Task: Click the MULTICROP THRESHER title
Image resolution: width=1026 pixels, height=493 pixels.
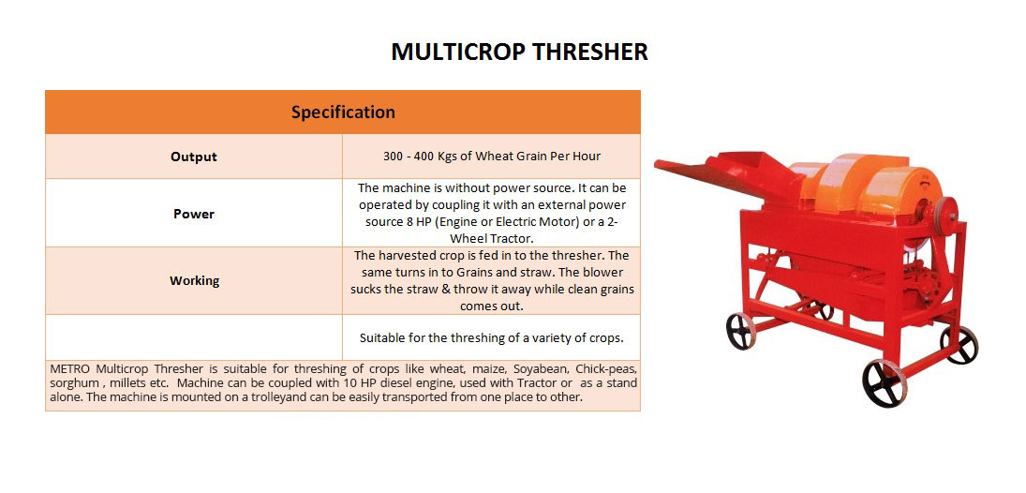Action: point(519,52)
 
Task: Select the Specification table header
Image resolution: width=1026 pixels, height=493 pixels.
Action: point(343,112)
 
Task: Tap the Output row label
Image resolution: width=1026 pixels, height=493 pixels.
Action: point(194,157)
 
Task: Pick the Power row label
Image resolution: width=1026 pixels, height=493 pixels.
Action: point(194,214)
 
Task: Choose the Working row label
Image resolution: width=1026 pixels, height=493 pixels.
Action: point(194,281)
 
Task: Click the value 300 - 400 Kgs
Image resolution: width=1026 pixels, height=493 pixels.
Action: point(418,157)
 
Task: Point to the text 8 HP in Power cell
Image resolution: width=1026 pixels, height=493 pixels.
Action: point(418,222)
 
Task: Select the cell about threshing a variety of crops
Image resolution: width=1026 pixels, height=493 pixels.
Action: point(491,337)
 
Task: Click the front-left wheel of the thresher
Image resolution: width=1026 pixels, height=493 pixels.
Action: point(741,331)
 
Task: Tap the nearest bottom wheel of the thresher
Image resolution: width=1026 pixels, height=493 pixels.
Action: point(885,382)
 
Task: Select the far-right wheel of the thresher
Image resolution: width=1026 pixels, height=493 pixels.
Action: point(959,345)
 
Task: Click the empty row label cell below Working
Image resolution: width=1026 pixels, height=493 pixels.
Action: point(194,337)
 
